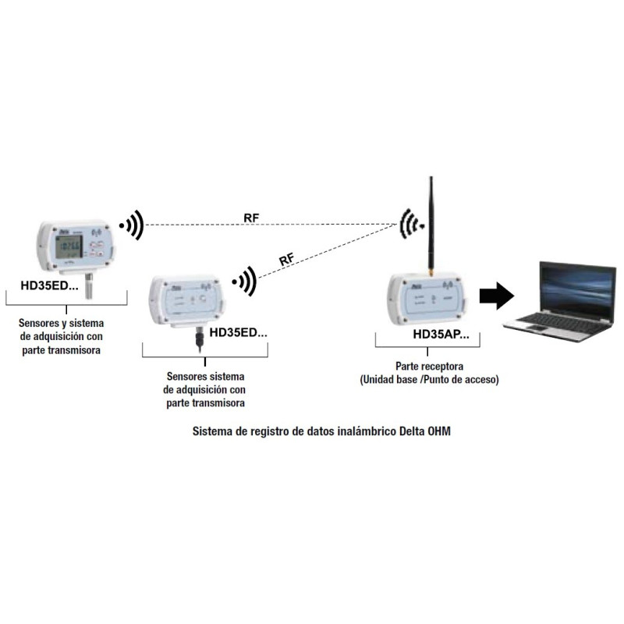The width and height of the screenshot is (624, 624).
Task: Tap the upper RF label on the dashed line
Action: point(252,218)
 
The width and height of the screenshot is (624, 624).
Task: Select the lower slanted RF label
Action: point(287,259)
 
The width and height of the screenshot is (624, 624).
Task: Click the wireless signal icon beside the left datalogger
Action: point(132,225)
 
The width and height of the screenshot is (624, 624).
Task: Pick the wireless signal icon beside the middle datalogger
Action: point(246,282)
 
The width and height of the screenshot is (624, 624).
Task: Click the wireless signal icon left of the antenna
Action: point(409,225)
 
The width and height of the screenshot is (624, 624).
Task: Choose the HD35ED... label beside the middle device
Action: point(238,331)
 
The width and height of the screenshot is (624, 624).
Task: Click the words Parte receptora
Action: point(428,365)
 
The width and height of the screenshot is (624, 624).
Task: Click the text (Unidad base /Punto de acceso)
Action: point(428,380)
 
